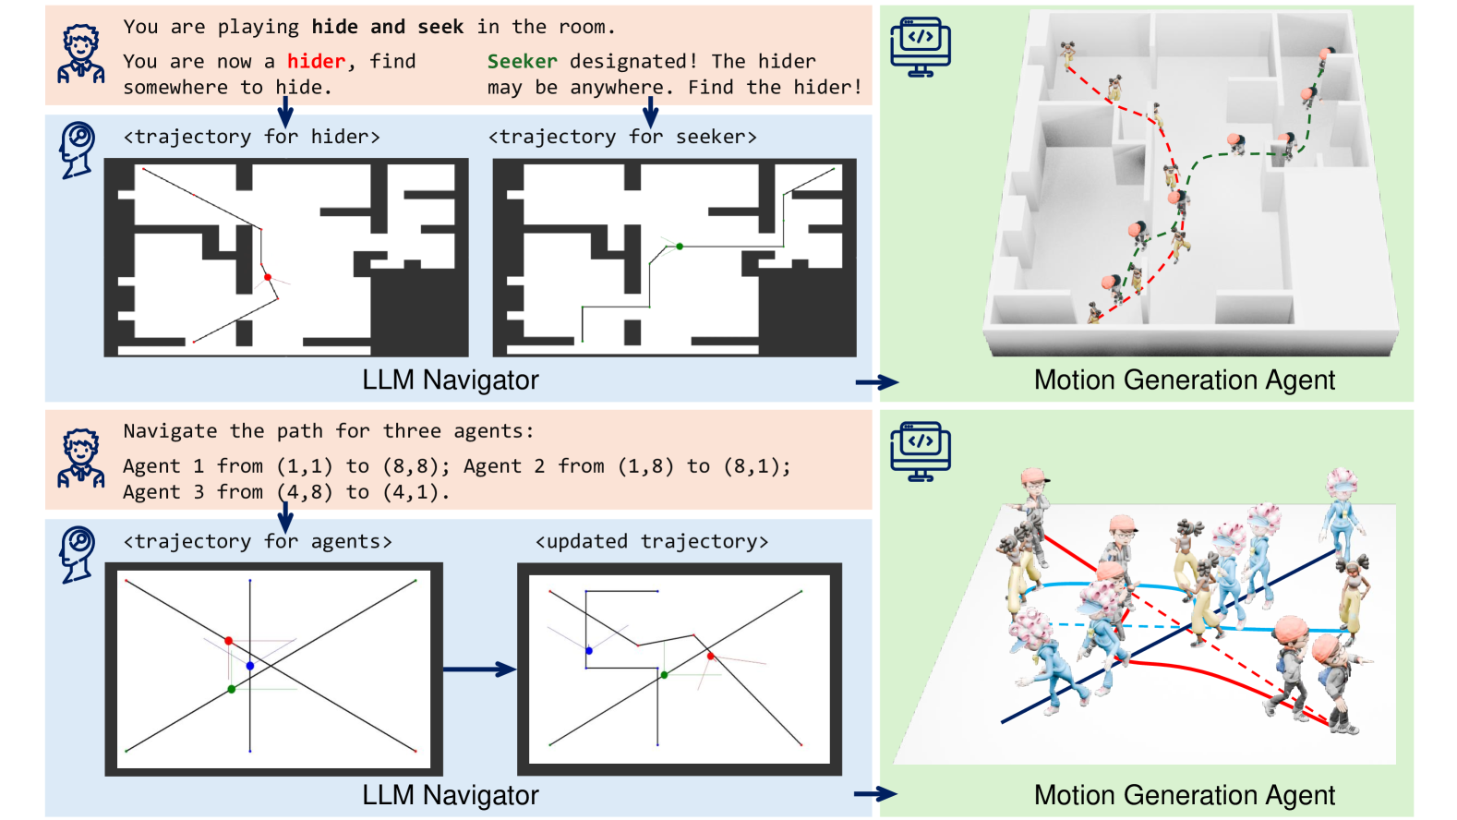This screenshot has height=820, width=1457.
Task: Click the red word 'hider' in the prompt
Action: click(316, 62)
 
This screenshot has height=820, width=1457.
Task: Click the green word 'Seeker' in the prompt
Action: click(522, 62)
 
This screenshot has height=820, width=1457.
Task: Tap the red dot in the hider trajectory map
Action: click(268, 277)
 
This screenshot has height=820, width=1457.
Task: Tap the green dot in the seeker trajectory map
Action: click(680, 247)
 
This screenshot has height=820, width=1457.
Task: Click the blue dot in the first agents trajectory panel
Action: click(250, 666)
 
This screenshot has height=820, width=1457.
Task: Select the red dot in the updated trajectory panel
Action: click(710, 656)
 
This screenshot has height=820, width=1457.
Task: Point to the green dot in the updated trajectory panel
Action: click(664, 675)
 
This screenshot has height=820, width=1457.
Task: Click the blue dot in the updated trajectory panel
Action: click(589, 651)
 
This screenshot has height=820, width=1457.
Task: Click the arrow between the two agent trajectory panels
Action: click(479, 669)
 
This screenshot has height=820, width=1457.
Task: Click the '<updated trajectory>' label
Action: click(651, 542)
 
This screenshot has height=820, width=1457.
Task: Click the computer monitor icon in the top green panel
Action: click(920, 46)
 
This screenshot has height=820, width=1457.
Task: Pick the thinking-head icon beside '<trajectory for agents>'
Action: click(78, 554)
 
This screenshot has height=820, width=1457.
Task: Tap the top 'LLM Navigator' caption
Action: click(450, 380)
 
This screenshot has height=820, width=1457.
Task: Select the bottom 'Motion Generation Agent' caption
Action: click(1184, 795)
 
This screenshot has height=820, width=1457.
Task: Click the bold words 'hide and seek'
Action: click(387, 27)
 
